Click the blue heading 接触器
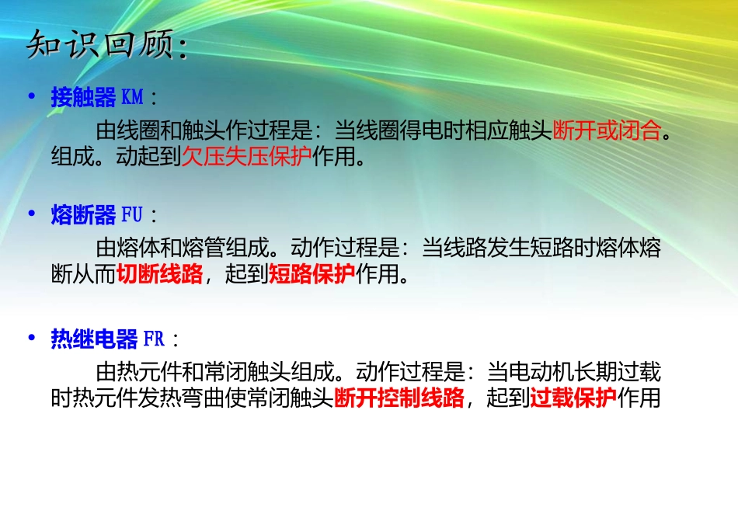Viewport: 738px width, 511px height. tap(83, 98)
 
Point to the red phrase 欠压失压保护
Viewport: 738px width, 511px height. tap(246, 158)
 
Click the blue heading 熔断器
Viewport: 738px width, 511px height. tap(83, 215)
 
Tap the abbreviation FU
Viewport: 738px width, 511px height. tap(132, 215)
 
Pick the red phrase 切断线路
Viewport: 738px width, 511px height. tap(160, 274)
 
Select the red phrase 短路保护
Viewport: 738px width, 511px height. tap(312, 274)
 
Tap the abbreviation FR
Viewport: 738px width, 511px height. tap(154, 339)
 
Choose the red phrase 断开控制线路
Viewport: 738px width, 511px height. tap(399, 398)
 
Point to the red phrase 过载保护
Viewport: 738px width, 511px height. tap(573, 398)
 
